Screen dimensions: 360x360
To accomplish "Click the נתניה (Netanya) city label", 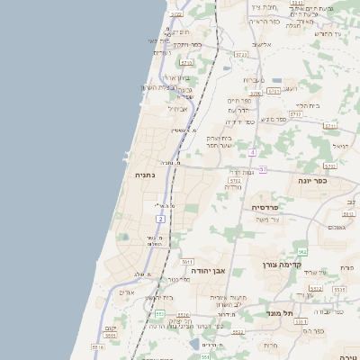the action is pos(144,175).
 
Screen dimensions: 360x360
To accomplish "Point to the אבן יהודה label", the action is pos(220,270).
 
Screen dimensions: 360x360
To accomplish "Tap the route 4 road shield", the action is pos(254,152).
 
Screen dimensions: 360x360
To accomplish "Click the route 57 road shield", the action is pos(263,169).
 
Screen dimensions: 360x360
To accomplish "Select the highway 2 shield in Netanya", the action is pos(160,218).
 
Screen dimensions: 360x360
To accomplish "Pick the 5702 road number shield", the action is pos(235,181).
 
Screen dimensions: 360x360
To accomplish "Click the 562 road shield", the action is pos(303,251).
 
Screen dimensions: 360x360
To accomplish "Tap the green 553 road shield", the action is pos(160,313).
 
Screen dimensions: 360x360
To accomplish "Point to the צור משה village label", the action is pos(268,220).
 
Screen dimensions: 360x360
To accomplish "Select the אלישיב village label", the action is pos(262,44).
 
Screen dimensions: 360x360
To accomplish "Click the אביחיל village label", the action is pos(176,109).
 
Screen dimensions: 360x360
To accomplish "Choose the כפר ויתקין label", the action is pos(183,44).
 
